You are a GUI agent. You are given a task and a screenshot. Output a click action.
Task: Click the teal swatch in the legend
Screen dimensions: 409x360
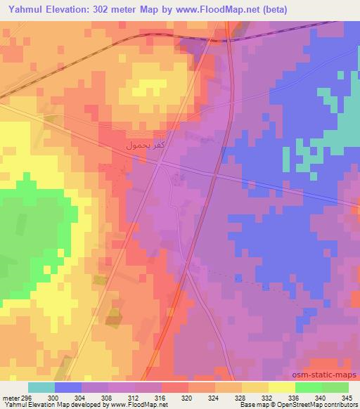click(x=41, y=387)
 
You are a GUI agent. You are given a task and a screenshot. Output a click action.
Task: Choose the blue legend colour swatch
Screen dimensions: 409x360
click(x=67, y=387)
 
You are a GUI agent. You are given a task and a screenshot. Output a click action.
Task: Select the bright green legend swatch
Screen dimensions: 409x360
click(x=309, y=387)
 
